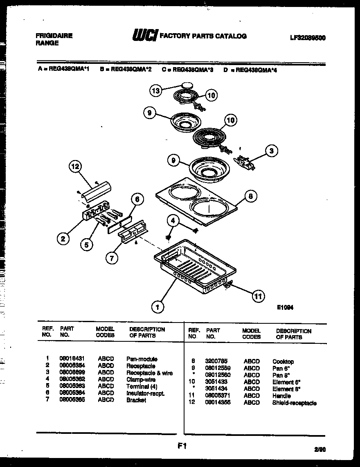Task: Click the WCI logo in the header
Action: [x=144, y=36]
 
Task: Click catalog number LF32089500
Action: [x=308, y=37]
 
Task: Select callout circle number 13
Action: [x=155, y=91]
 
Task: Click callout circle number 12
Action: [x=75, y=166]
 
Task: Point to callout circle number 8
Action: [x=251, y=196]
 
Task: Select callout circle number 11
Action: [x=257, y=296]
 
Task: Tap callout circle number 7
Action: [x=111, y=258]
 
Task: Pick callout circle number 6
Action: [x=137, y=199]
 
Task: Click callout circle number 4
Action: [x=173, y=221]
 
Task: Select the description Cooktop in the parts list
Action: [x=283, y=362]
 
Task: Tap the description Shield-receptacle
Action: [x=294, y=403]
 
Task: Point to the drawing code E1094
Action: [x=286, y=307]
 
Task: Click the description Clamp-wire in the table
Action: [x=141, y=380]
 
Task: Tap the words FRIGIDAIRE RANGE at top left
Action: [x=54, y=39]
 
